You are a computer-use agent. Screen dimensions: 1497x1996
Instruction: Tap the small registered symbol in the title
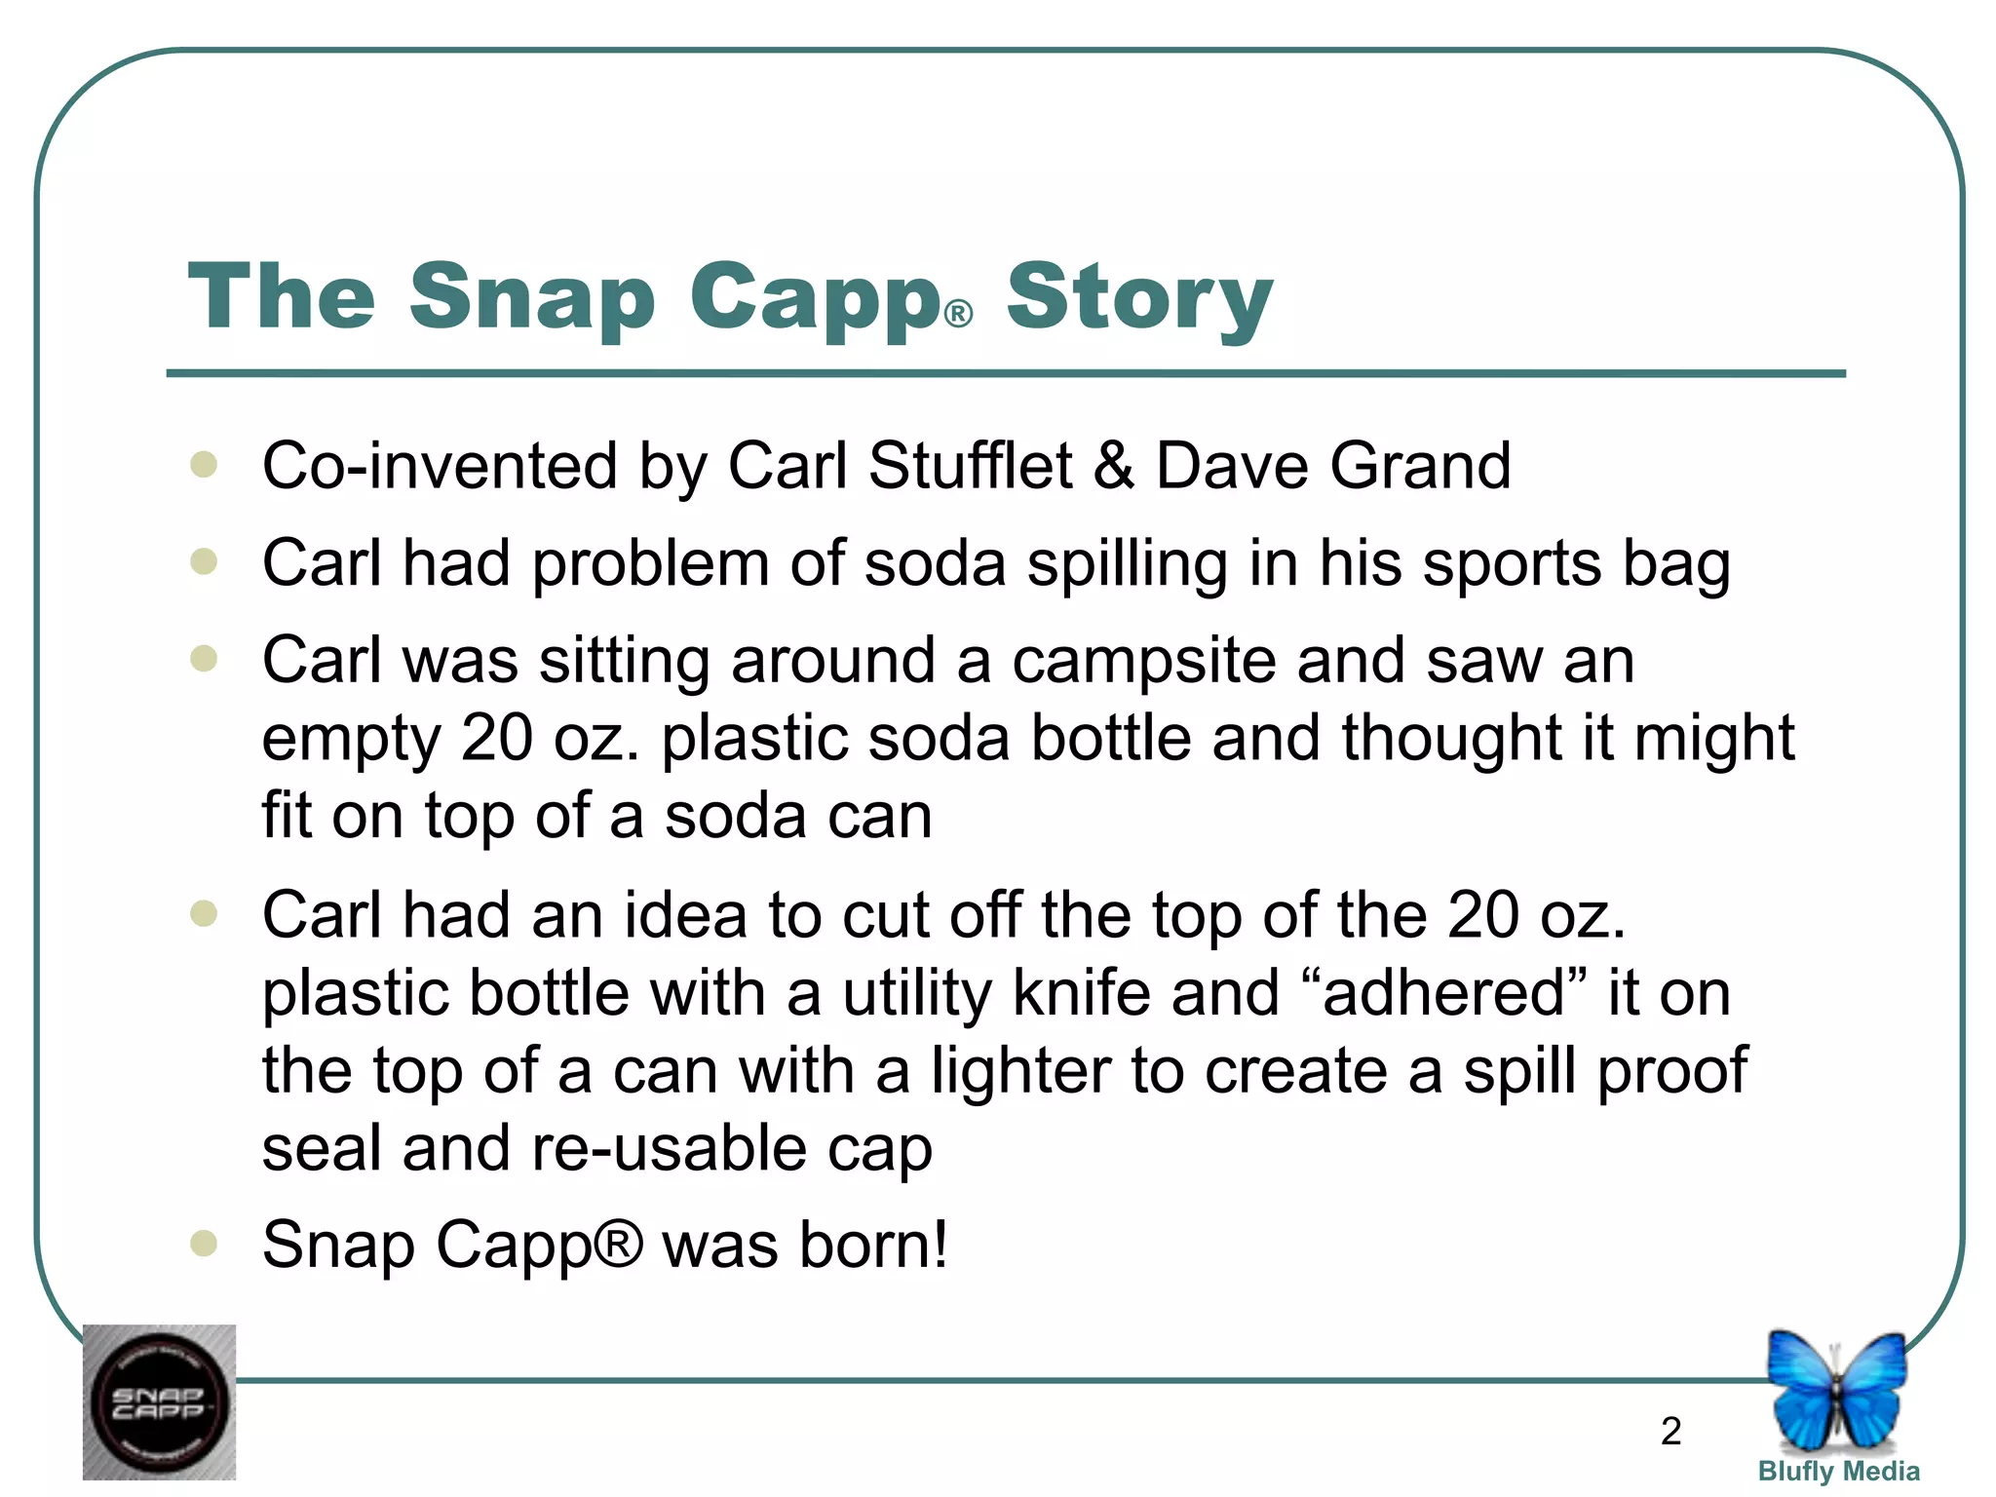[959, 314]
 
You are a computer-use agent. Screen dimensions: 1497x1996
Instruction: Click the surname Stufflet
[970, 465]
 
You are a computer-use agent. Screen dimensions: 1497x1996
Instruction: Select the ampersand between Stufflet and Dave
[1113, 465]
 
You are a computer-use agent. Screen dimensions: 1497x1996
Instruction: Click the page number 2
[1670, 1431]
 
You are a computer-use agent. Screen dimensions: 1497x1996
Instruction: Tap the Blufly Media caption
[1838, 1472]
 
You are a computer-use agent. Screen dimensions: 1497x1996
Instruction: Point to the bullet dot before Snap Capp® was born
[204, 1243]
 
